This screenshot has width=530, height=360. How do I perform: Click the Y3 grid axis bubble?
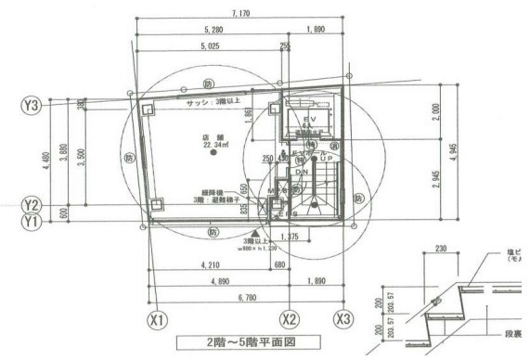31,106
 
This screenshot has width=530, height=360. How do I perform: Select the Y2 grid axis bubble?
31,204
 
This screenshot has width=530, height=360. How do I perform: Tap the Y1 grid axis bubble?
31,222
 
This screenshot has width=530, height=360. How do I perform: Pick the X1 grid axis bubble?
159,320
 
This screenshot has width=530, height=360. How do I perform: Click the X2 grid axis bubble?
291,320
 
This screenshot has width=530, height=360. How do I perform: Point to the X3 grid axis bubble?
345,320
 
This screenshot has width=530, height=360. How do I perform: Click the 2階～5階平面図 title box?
252,342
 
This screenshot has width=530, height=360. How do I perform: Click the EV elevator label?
310,121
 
